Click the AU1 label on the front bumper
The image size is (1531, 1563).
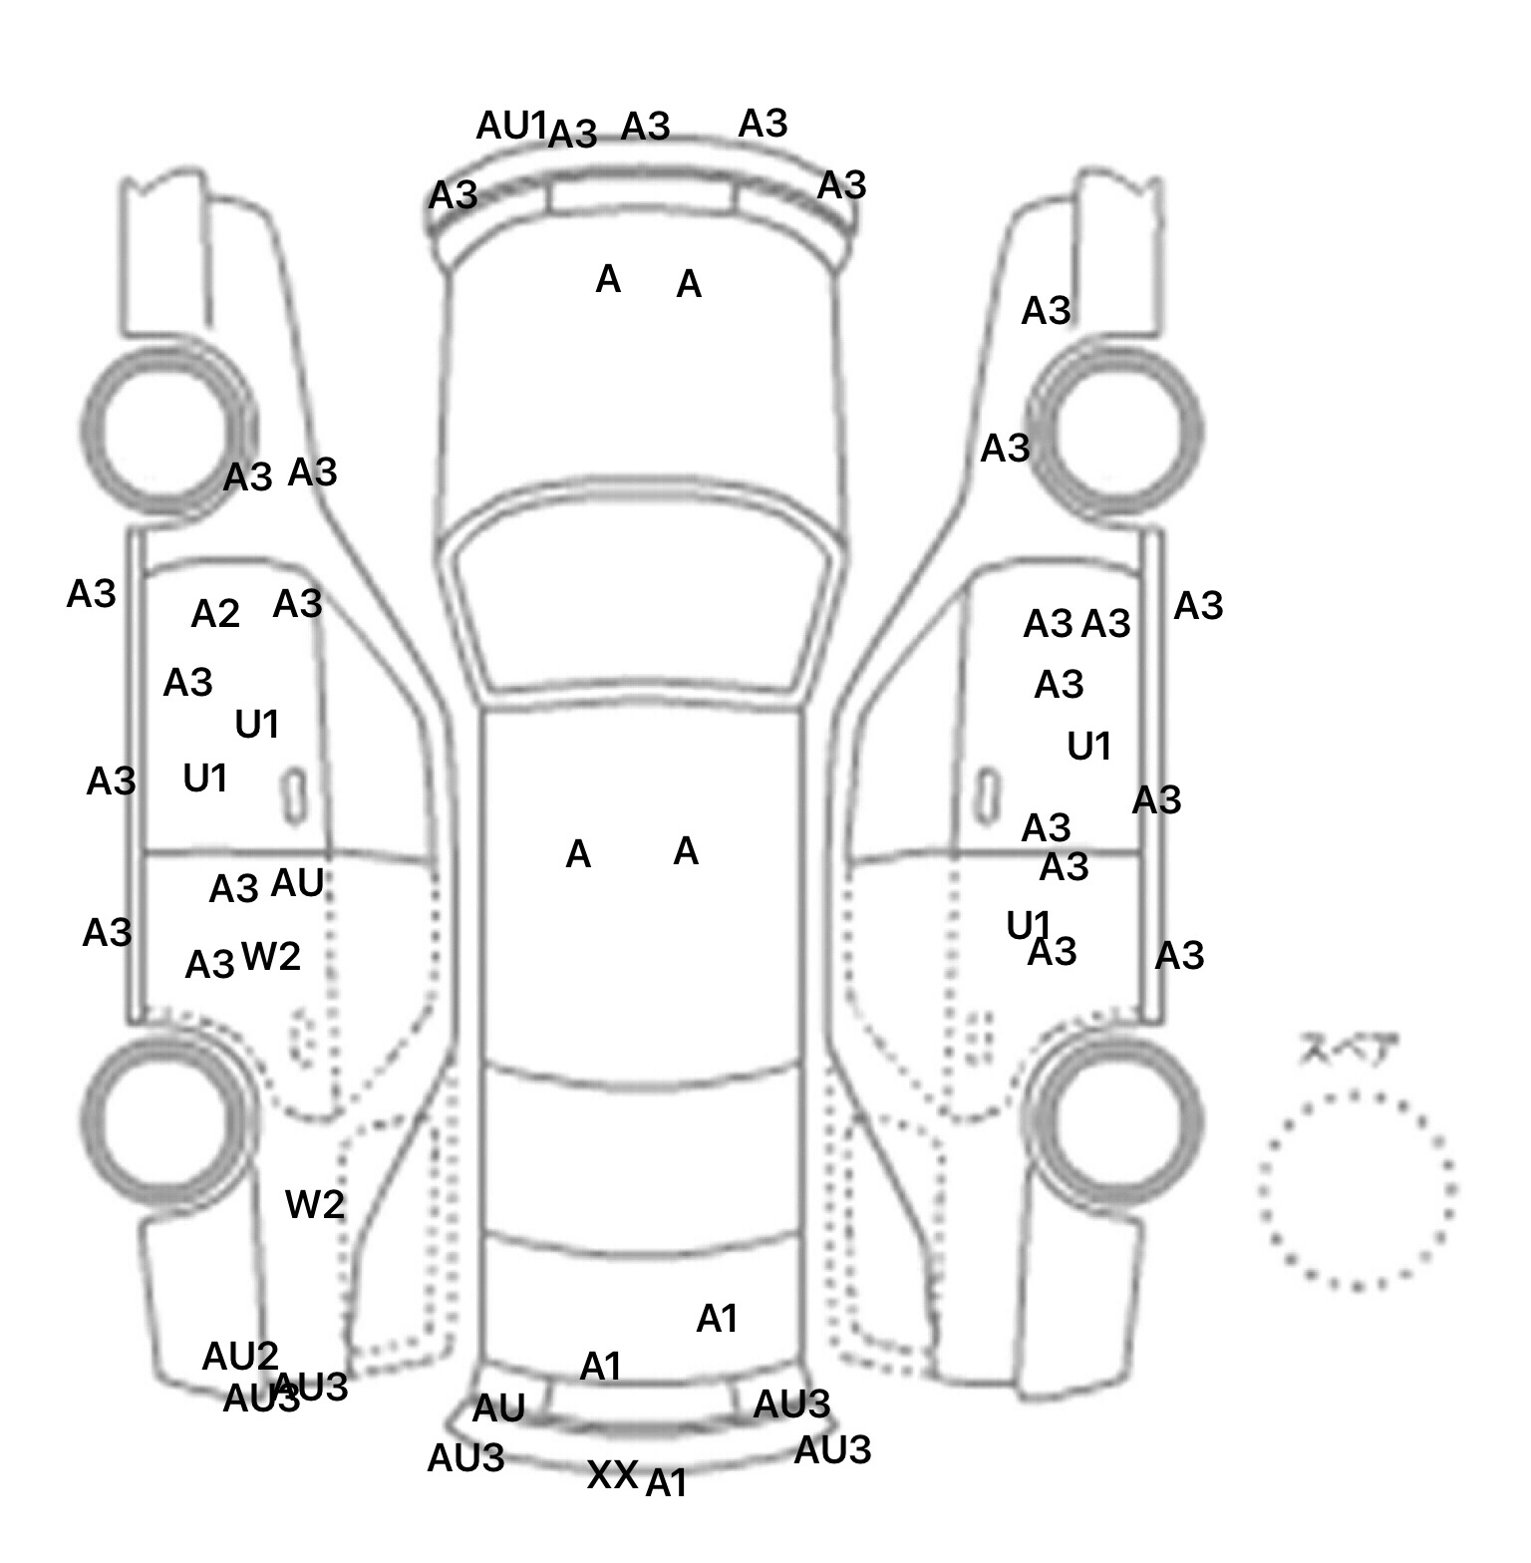(511, 127)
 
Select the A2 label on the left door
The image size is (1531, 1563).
(215, 614)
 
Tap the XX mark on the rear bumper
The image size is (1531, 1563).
(611, 1475)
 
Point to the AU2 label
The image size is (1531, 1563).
(240, 1357)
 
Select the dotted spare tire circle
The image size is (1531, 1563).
(1357, 1190)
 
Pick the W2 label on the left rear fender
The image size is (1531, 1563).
(315, 1205)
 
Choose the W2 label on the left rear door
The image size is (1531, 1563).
(271, 957)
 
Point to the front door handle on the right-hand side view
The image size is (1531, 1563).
(987, 795)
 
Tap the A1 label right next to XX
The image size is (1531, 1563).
(667, 1484)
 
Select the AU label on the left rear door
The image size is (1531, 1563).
(297, 883)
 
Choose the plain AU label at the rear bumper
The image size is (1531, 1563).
(498, 1408)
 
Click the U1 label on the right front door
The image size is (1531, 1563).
(1088, 747)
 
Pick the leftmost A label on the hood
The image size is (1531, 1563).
(608, 280)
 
